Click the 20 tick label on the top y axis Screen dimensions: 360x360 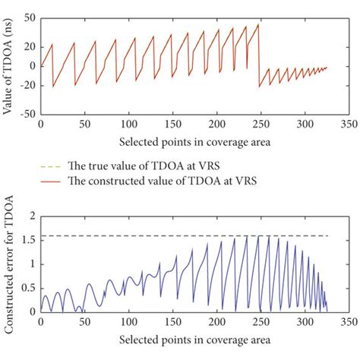click(30, 46)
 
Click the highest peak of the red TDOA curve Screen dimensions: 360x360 click(259, 24)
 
